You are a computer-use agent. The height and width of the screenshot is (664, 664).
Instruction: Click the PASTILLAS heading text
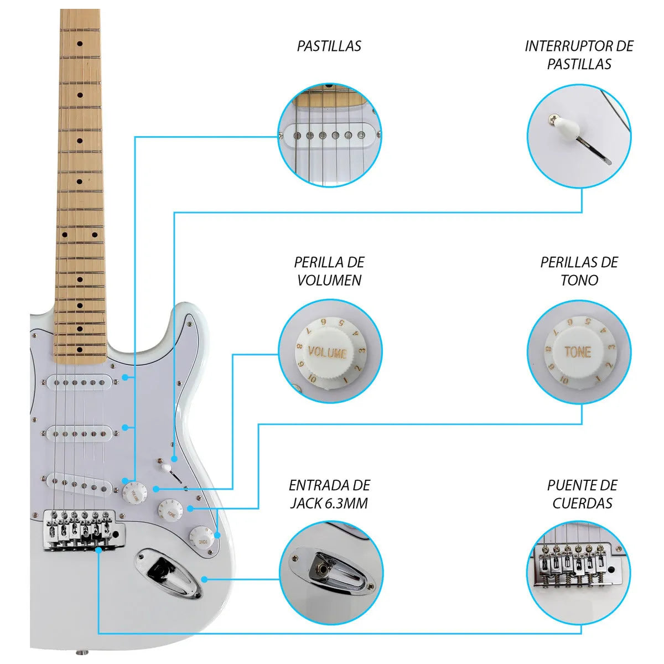329,46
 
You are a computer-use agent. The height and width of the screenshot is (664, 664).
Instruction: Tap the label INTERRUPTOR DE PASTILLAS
579,55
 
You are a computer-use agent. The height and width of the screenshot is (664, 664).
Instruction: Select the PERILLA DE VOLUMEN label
329,271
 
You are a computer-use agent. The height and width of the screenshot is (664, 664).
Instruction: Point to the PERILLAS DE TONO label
579,271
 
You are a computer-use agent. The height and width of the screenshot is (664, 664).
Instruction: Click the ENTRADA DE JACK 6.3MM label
329,494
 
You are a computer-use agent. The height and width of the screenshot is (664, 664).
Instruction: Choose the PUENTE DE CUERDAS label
582,494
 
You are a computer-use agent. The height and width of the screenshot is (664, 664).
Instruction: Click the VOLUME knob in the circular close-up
327,352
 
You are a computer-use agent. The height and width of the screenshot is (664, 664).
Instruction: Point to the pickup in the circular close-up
330,134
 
